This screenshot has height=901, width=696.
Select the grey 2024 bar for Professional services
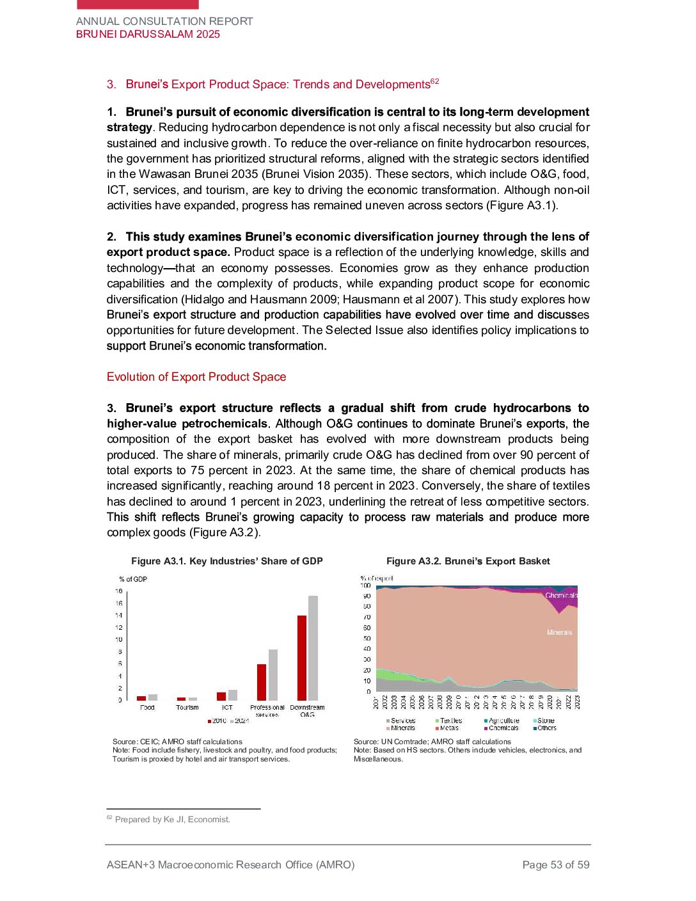tap(273, 675)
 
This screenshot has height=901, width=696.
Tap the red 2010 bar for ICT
tap(221, 696)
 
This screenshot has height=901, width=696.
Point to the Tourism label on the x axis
tap(187, 708)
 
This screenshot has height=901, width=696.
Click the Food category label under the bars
tap(147, 708)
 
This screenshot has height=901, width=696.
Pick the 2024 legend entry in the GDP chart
tap(239, 721)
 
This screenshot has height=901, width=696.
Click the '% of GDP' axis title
tap(133, 579)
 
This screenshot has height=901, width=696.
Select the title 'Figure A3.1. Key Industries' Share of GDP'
tap(227, 561)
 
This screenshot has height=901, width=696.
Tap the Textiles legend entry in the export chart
tap(448, 721)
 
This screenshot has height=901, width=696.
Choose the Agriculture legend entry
tap(502, 721)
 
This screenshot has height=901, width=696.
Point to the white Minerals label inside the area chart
tap(560, 632)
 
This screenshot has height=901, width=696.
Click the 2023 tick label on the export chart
tap(578, 702)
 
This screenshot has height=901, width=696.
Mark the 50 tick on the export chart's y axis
tap(367, 639)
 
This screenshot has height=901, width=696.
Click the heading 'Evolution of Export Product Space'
tap(196, 377)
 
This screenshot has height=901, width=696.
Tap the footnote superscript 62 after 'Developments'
tap(435, 81)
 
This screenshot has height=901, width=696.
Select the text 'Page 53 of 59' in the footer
tap(556, 865)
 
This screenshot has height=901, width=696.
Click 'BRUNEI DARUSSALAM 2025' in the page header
tap(148, 35)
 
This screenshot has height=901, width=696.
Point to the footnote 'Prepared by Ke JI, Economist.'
tap(172, 820)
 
